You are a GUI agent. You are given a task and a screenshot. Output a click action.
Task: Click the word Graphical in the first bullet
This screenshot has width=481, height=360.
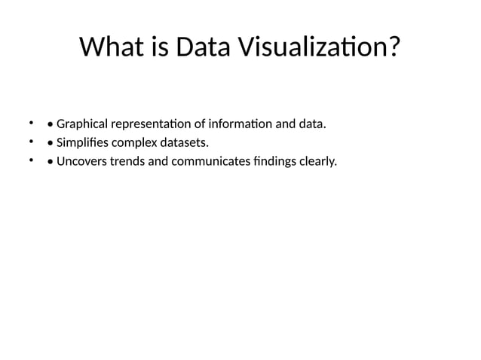pos(82,124)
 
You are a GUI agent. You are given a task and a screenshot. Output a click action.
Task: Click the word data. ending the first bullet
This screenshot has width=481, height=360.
pos(313,124)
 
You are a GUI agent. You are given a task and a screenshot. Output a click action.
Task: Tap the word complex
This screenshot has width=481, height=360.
pos(136,142)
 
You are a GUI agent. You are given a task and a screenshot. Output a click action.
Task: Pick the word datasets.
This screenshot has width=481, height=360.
pos(187,142)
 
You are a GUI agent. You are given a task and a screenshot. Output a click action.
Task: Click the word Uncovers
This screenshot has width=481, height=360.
pos(82,161)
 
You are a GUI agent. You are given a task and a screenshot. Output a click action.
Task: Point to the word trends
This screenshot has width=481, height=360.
pos(129,161)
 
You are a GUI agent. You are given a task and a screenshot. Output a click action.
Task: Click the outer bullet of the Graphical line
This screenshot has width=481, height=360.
pos(32,122)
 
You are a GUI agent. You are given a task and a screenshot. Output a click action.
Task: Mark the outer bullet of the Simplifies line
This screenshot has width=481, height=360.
pos(32,141)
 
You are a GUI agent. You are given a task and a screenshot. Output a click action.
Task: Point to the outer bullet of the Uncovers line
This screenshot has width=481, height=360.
pos(32,160)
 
